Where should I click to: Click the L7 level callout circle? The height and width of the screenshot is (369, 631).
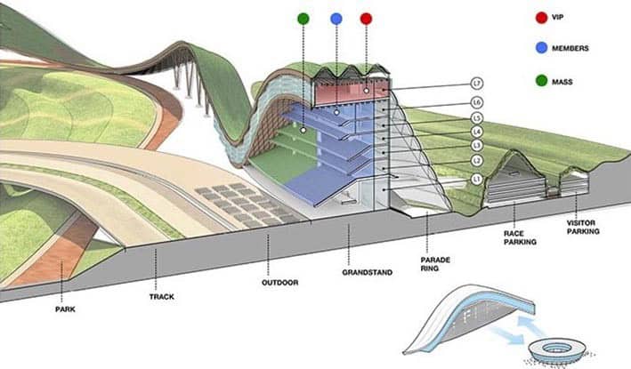click(x=477, y=84)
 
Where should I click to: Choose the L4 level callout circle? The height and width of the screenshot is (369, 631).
click(x=477, y=132)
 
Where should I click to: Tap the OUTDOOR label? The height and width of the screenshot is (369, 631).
click(x=279, y=283)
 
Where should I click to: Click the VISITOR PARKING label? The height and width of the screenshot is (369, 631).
click(x=583, y=228)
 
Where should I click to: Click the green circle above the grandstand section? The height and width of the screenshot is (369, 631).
click(x=303, y=18)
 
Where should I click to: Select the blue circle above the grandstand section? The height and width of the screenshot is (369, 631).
click(x=335, y=18)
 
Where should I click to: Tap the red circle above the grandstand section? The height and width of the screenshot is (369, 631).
click(x=366, y=18)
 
